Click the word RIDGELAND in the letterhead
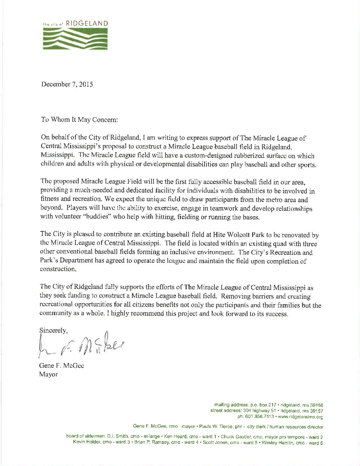[x=87, y=23]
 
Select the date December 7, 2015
[x=67, y=84]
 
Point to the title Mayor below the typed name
[x=49, y=375]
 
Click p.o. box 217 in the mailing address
[x=263, y=405]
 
